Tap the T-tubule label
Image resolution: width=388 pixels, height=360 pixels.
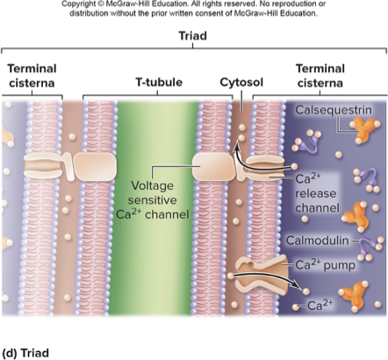[x=158, y=83]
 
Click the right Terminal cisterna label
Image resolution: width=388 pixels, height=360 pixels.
[x=320, y=76]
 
